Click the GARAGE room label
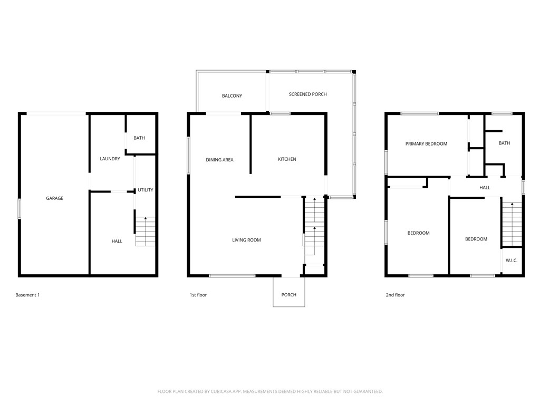[x=54, y=198]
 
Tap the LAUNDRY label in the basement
[x=110, y=159]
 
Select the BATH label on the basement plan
[x=139, y=138]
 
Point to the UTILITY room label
[x=146, y=190]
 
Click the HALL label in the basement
[x=117, y=241]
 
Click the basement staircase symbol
[x=146, y=232]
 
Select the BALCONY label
[x=232, y=96]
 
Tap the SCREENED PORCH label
[x=308, y=94]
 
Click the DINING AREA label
[x=219, y=160]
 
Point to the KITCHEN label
[x=287, y=159]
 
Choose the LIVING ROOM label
[x=246, y=240]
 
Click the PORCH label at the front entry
[x=289, y=295]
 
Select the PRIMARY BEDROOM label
[x=426, y=143]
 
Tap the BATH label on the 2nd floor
[x=504, y=143]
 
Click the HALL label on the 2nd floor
[x=485, y=188]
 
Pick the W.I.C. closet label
[x=512, y=261]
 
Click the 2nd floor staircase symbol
[x=512, y=224]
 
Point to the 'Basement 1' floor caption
[x=27, y=295]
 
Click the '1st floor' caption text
[x=198, y=295]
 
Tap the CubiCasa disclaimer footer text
[x=270, y=391]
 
